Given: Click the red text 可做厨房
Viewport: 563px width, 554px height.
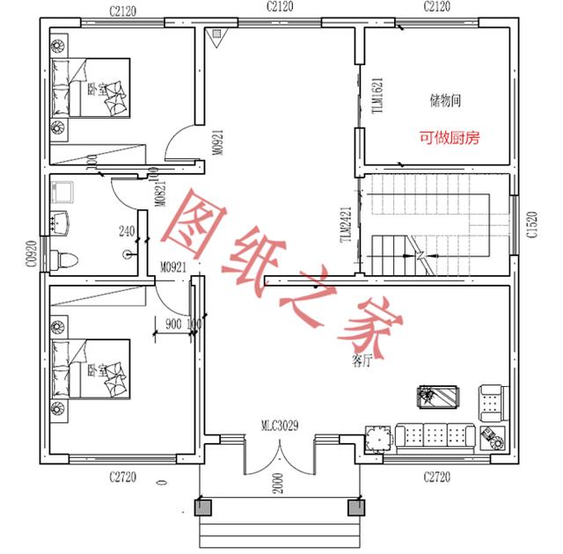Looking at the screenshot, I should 449,138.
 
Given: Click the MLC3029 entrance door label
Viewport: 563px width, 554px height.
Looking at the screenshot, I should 280,426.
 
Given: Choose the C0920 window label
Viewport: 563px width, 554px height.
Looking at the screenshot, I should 30,254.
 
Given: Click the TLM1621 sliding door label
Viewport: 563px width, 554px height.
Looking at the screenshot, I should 377,92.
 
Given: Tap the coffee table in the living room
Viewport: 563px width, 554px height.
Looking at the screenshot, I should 438,397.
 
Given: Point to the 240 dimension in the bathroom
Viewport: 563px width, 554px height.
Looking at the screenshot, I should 126,231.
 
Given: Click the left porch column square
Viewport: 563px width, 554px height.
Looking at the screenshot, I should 201,507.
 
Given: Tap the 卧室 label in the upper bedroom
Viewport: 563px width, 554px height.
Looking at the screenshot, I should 93,89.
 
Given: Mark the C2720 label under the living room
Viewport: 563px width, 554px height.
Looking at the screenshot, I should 436,476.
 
